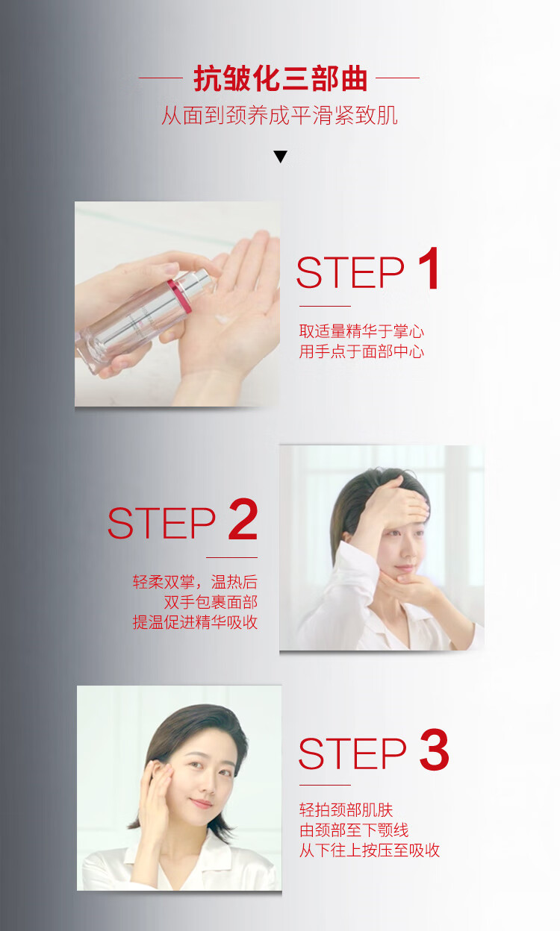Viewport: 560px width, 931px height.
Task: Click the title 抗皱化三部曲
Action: (280, 78)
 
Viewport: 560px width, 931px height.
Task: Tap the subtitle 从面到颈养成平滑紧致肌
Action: (279, 115)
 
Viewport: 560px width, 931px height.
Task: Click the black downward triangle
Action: (281, 157)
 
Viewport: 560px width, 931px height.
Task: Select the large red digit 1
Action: (429, 268)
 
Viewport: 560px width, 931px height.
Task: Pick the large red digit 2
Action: (243, 519)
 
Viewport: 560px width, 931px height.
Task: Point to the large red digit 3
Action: (435, 750)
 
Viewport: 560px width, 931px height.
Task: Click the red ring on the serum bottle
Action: (179, 296)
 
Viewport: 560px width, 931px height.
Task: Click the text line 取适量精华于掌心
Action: (361, 331)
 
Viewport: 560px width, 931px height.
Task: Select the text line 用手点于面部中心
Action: (361, 351)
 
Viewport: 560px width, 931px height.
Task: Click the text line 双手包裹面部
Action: (211, 602)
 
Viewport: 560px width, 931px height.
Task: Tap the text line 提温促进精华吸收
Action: (195, 622)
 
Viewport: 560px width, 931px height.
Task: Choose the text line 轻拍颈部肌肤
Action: (346, 810)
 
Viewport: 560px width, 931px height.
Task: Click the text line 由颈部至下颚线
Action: (354, 830)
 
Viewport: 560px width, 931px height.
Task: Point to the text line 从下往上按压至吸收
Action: (370, 850)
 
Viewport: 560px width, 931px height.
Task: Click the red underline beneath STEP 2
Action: (231, 557)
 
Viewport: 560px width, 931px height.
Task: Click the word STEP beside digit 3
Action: (352, 753)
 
